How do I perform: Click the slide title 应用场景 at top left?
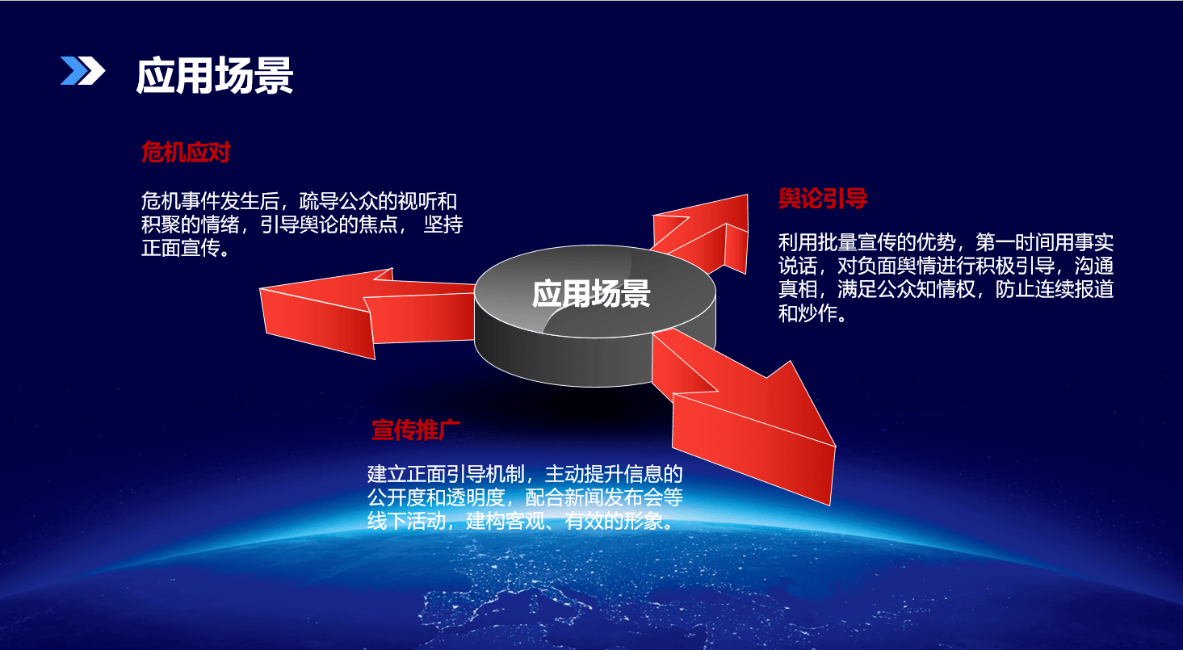tap(215, 76)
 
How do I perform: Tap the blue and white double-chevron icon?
tap(82, 70)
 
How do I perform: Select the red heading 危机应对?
tap(186, 153)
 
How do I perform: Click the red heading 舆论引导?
tap(823, 199)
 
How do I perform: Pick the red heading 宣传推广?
tap(416, 430)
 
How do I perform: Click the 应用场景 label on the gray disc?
tap(591, 294)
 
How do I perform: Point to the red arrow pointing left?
tap(367, 313)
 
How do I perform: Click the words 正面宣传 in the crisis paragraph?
tap(180, 248)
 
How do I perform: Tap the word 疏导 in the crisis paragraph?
tap(318, 201)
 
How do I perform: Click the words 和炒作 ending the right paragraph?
tap(808, 313)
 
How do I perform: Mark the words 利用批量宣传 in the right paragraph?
tap(837, 242)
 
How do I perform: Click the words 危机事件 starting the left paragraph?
tap(180, 201)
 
